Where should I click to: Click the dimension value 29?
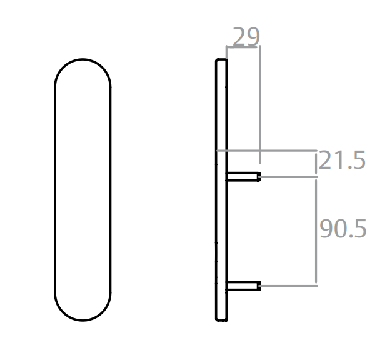(x=246, y=36)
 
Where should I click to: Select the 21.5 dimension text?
(x=342, y=160)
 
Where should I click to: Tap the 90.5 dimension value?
(x=343, y=229)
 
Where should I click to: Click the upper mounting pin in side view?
(x=243, y=177)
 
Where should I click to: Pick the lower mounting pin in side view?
(x=243, y=286)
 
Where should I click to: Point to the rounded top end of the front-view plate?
(x=83, y=59)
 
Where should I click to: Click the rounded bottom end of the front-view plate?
(x=83, y=320)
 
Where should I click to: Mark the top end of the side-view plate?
(x=221, y=59)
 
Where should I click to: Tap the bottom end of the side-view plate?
(x=221, y=321)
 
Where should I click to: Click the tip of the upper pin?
(x=260, y=177)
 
